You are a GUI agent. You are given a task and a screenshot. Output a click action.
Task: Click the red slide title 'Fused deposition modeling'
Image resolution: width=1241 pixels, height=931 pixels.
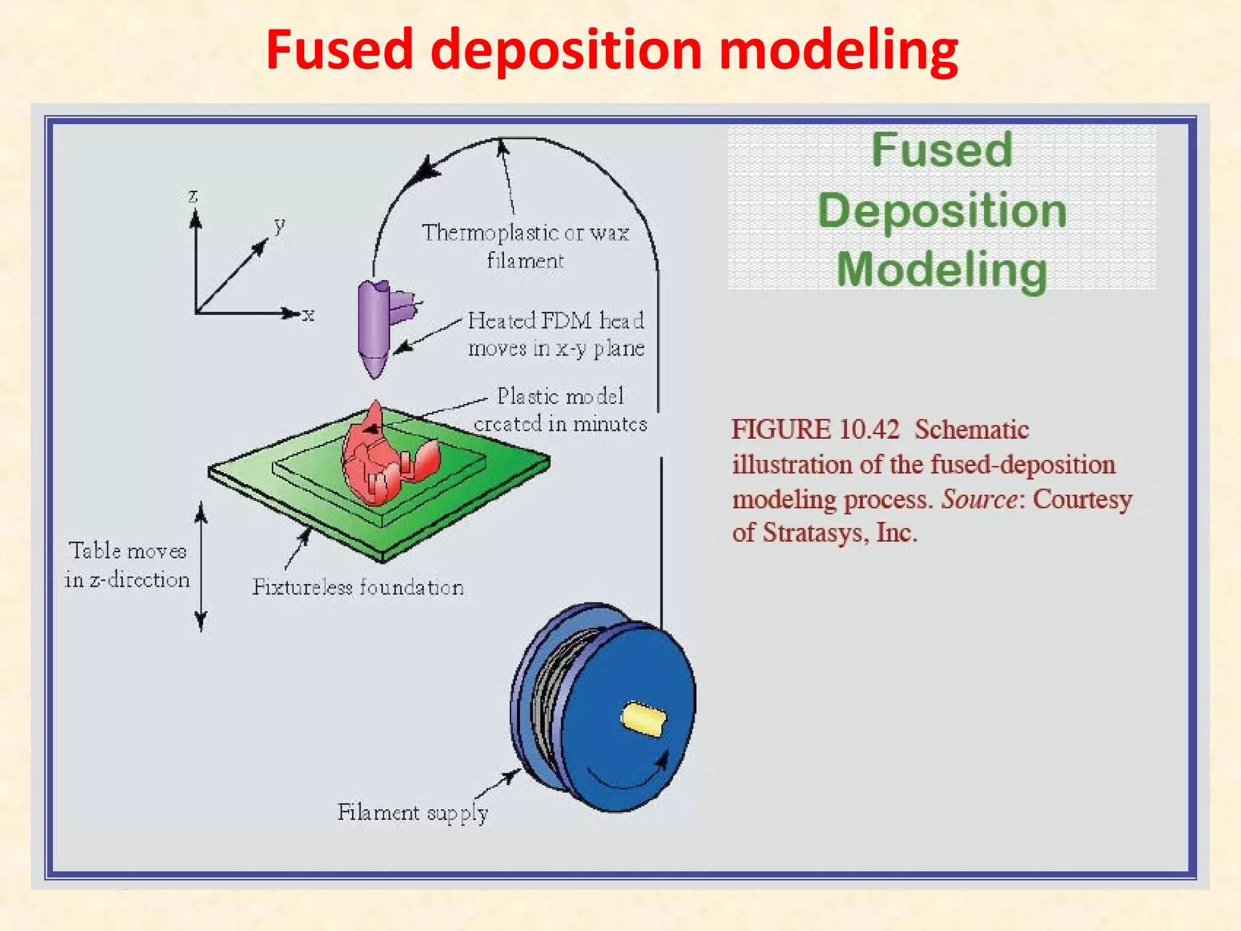point(612,50)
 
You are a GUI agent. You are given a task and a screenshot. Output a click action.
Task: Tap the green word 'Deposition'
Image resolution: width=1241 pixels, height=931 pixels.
point(942,210)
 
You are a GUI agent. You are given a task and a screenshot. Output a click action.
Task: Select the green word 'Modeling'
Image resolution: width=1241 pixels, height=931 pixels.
point(942,270)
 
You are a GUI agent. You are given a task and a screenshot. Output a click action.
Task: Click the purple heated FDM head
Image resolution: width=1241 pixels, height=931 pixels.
point(374,327)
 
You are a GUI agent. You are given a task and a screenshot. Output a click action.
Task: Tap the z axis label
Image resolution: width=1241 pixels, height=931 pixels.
point(193,196)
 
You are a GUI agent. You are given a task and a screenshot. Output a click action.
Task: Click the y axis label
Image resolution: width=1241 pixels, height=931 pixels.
point(279,225)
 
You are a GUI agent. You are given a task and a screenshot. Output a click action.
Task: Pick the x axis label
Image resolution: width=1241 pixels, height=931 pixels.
point(308,315)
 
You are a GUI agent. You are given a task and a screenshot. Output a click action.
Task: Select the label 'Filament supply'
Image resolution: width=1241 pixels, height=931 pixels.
point(412,812)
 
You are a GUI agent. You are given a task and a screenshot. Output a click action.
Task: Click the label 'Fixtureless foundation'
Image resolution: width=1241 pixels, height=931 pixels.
point(358,587)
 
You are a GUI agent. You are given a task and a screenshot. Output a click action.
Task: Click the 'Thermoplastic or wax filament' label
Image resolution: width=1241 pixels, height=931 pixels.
point(525,246)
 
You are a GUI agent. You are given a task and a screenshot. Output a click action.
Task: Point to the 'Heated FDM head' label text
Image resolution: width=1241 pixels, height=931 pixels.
point(556,321)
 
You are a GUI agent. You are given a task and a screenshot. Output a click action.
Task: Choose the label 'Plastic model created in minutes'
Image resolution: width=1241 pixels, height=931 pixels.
point(561,410)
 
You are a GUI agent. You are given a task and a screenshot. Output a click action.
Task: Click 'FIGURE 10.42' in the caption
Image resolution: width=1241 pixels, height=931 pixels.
point(815,429)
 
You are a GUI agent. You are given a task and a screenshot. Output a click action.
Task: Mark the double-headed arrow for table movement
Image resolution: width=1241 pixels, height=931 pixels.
point(201,567)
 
